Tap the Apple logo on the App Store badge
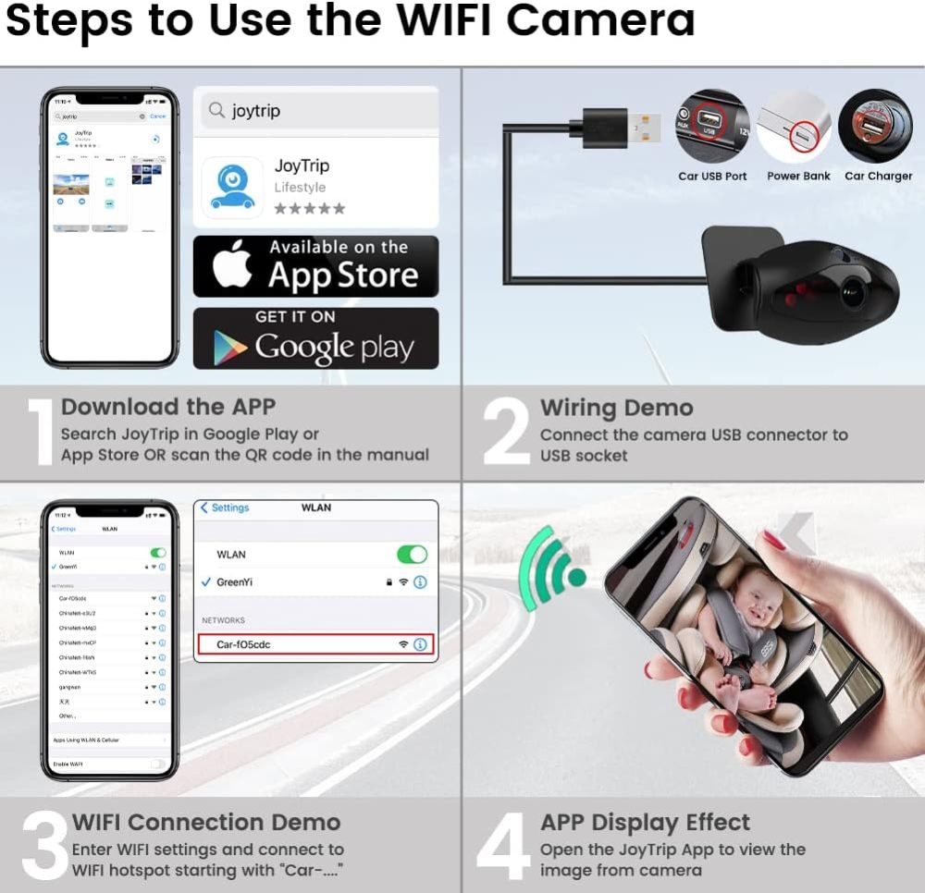click(x=233, y=266)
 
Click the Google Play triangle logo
click(x=230, y=348)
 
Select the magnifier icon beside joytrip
click(x=216, y=111)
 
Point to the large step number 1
click(x=38, y=433)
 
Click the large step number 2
click(x=506, y=433)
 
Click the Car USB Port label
click(x=712, y=176)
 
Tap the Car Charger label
click(x=878, y=176)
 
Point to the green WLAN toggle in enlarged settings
click(x=413, y=555)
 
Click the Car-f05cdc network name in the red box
click(x=245, y=644)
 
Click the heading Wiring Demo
click(x=616, y=408)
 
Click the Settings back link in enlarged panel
click(x=225, y=508)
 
